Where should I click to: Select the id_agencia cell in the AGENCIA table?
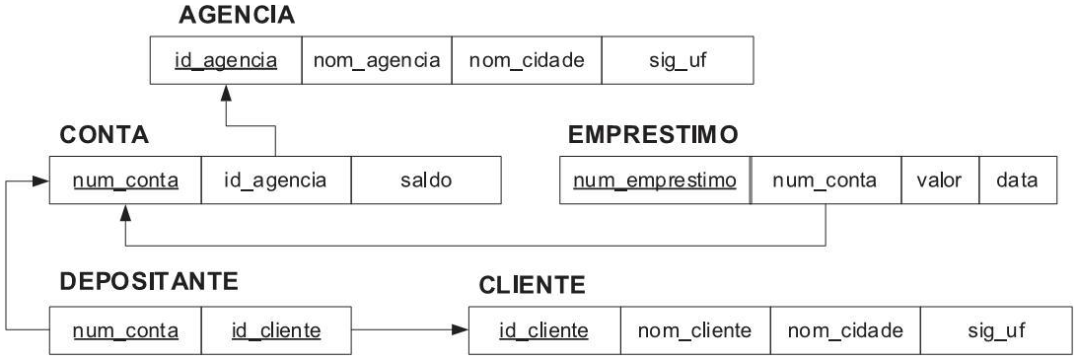(224, 61)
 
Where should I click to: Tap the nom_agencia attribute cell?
(376, 61)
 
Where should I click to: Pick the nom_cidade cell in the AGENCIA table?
(526, 61)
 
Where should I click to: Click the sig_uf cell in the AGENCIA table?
(677, 61)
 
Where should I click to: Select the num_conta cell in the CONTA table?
(125, 180)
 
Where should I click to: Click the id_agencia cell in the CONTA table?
(275, 180)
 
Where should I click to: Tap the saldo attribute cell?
(426, 180)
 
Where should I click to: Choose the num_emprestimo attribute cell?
(655, 180)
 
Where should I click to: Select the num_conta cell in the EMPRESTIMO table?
(826, 180)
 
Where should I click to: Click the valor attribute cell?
(940, 180)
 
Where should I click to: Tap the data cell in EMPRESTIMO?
(1018, 180)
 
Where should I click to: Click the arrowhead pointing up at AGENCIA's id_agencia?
(226, 91)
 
